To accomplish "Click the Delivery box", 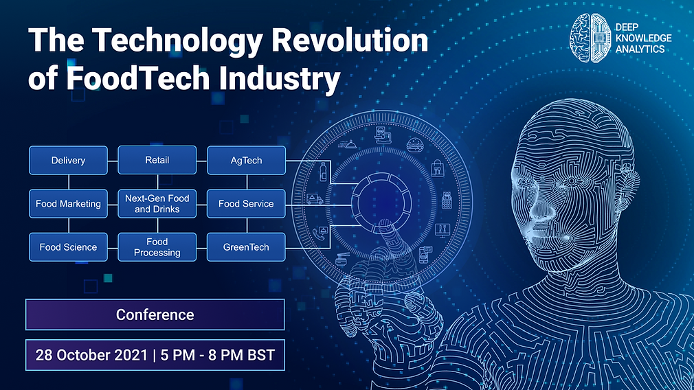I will [x=68, y=160].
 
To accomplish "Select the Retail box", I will [x=157, y=160].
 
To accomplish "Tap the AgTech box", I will [x=246, y=160].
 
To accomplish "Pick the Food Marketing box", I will [x=68, y=204].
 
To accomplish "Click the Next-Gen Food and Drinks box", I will [x=157, y=204].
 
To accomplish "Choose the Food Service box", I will [x=246, y=204].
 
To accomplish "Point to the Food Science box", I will [x=68, y=247].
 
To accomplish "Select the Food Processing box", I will [x=157, y=247].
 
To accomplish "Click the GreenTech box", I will [x=246, y=247].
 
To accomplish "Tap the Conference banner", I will [x=155, y=314].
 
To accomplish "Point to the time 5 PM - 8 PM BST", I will [x=218, y=356].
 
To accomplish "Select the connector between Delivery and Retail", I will [x=113, y=160].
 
